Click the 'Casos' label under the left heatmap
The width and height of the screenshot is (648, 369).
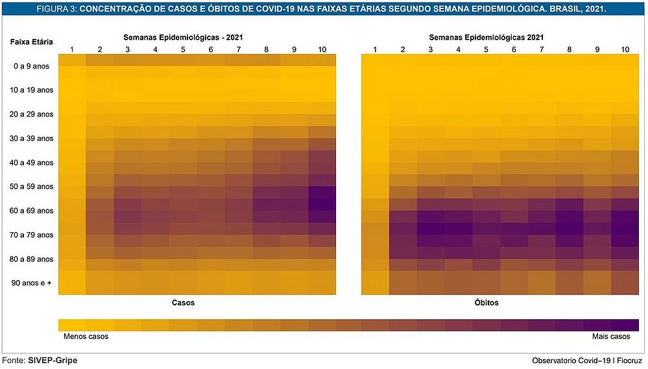click(184, 303)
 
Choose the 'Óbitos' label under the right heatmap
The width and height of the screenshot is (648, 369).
click(486, 303)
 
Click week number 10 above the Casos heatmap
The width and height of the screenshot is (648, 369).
click(322, 49)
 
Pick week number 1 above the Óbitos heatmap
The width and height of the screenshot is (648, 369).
click(375, 49)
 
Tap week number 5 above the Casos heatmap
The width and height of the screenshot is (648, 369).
click(183, 49)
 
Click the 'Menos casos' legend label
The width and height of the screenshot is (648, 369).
click(86, 337)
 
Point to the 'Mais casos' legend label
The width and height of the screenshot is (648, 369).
click(611, 337)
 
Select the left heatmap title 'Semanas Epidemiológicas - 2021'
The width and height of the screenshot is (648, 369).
click(184, 38)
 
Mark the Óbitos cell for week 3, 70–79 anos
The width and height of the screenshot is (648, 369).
click(431, 235)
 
